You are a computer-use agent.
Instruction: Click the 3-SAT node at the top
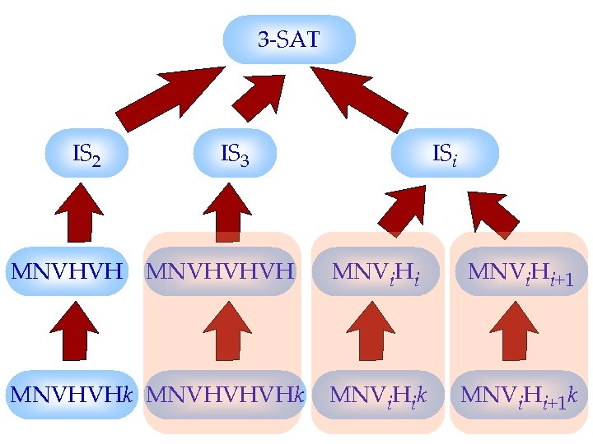tap(289, 39)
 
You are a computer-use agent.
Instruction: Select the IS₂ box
tap(86, 153)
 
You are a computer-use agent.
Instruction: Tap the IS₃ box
tap(235, 153)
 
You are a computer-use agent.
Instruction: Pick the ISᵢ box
tap(445, 153)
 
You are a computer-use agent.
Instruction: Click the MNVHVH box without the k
tap(68, 271)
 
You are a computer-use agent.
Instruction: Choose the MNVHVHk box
tap(71, 395)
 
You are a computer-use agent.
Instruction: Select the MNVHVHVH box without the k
tap(220, 271)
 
